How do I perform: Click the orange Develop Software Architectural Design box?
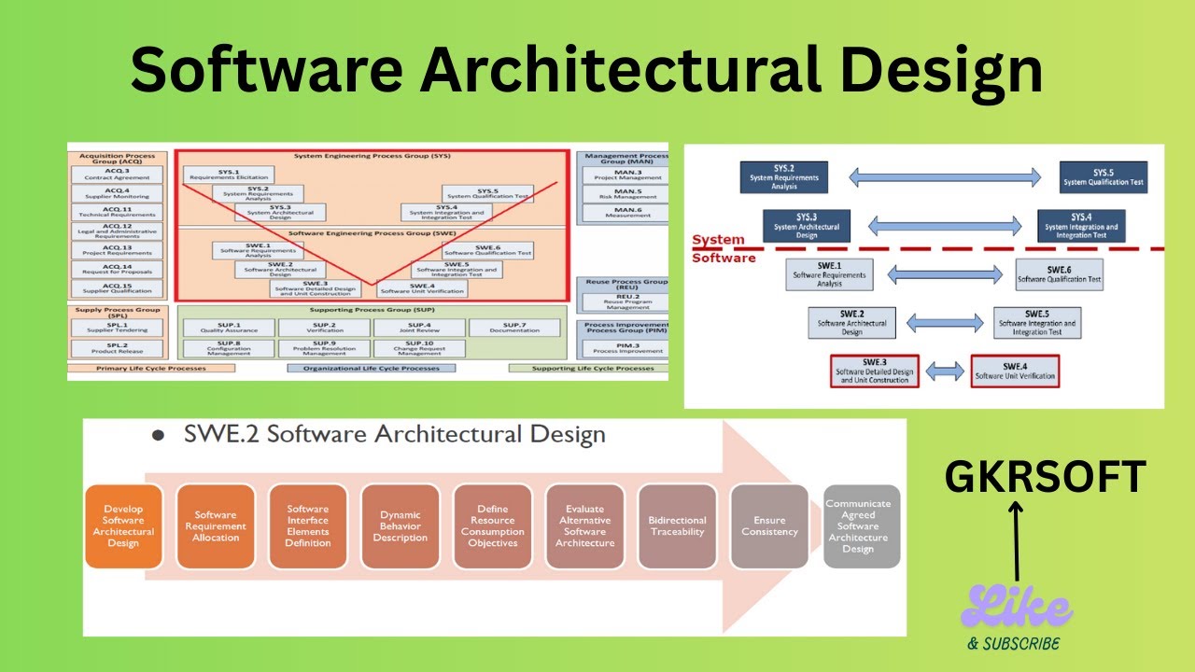pyautogui.click(x=123, y=526)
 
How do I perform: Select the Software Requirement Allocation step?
pyautogui.click(x=216, y=526)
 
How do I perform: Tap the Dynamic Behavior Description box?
pyautogui.click(x=400, y=526)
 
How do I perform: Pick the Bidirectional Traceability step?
pyautogui.click(x=677, y=526)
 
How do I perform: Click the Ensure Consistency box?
pyautogui.click(x=769, y=526)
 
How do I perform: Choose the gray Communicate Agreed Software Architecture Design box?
pyautogui.click(x=861, y=526)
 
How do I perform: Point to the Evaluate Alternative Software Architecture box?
pyautogui.click(x=585, y=526)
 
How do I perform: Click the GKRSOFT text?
pyautogui.click(x=1045, y=477)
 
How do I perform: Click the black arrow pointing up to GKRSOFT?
pyautogui.click(x=1016, y=541)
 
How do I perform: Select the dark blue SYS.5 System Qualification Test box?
pyautogui.click(x=1104, y=177)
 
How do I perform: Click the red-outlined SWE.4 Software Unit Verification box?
pyautogui.click(x=1015, y=371)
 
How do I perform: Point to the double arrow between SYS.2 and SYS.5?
pyautogui.click(x=945, y=176)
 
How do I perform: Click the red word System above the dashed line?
pyautogui.click(x=718, y=240)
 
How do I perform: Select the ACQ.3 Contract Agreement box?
pyautogui.click(x=118, y=174)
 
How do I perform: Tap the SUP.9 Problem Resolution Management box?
pyautogui.click(x=323, y=348)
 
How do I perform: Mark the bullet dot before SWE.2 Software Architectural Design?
pyautogui.click(x=158, y=436)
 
